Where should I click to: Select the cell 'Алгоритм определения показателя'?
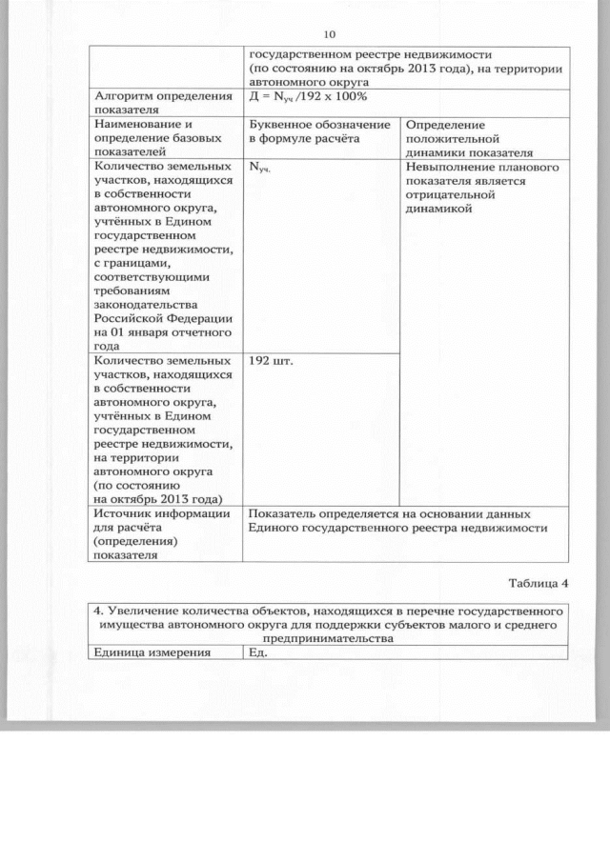[x=162, y=104]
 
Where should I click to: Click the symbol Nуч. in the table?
[x=258, y=167]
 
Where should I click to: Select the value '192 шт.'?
[x=270, y=362]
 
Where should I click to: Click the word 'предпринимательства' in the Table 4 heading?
[x=328, y=639]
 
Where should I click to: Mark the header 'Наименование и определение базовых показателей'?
[x=147, y=138]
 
